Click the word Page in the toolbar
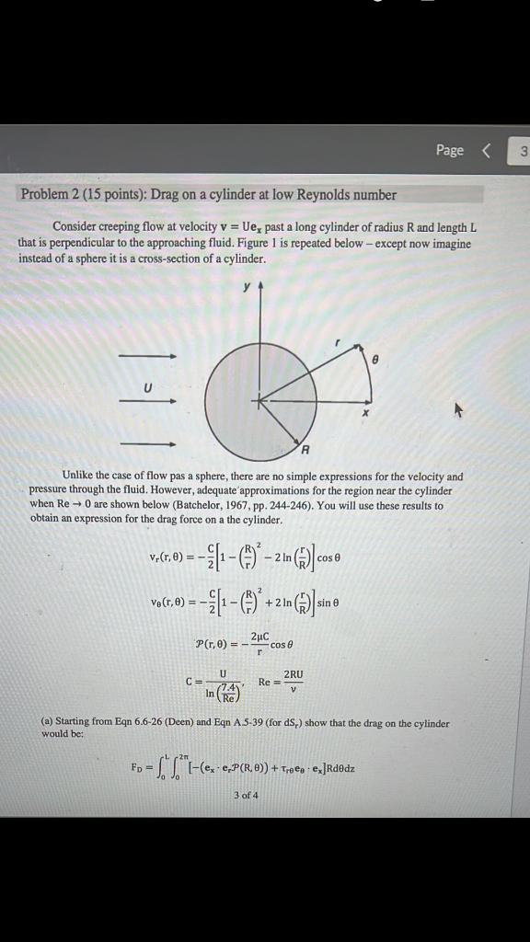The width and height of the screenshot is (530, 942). click(450, 150)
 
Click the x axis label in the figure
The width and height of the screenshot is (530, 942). click(364, 413)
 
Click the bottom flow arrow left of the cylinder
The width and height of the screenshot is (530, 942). click(147, 444)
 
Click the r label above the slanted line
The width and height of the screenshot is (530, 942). click(337, 341)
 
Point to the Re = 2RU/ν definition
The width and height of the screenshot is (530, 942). click(282, 683)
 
